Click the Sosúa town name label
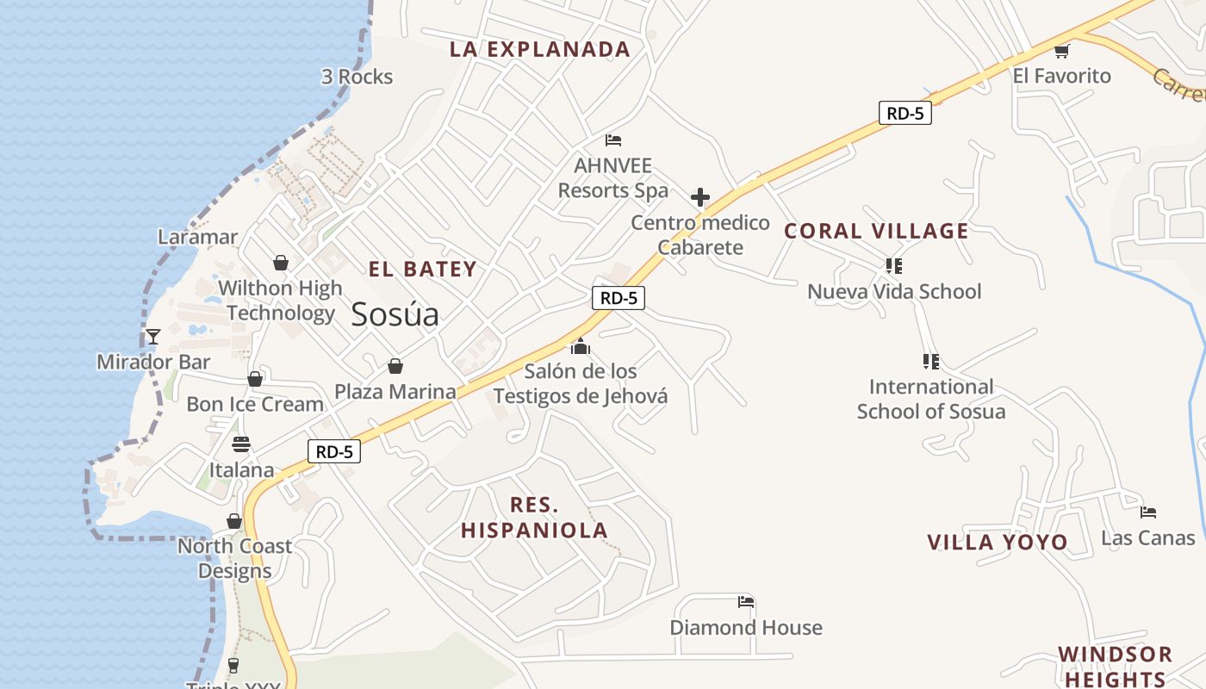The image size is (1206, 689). coord(395,315)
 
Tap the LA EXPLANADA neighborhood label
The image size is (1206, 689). coord(540,50)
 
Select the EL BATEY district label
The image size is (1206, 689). coord(423,270)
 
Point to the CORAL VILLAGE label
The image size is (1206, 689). coord(876,231)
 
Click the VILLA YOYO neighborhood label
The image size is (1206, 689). coord(998,543)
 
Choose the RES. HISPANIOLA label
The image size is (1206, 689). coord(534,518)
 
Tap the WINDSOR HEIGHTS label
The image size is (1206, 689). coord(1115,666)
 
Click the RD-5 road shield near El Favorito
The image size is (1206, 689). coord(904,113)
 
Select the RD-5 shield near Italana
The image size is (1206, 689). coord(334,451)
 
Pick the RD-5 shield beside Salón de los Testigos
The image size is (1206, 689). coord(619,298)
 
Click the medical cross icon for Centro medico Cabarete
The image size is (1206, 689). coord(700,197)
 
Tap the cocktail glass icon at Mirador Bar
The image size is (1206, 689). coord(153,337)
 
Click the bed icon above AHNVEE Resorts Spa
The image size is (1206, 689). coord(613,140)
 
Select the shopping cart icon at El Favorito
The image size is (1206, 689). coord(1062,51)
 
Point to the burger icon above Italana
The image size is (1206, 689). coord(241,444)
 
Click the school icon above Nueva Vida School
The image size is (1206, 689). coord(893,266)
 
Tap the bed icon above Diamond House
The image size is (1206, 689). coord(746,602)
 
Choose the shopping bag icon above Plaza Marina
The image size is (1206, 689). coord(395,367)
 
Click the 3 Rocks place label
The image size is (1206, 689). coord(357,77)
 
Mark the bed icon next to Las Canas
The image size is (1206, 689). coord(1148,512)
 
